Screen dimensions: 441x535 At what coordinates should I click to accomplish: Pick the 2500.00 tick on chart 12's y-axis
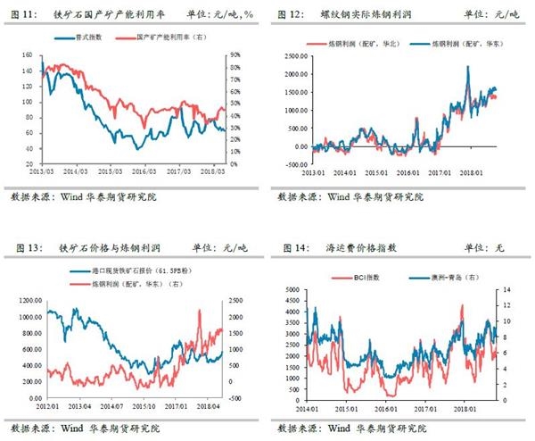point(291,55)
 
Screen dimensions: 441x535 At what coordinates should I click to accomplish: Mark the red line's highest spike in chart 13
point(199,311)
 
